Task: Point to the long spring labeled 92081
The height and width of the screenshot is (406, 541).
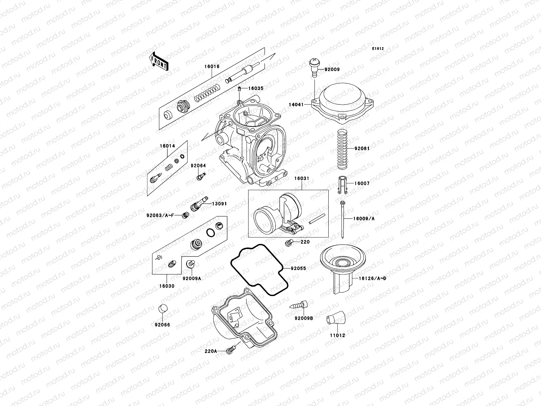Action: [342, 149]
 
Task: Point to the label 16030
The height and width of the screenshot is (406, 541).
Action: [167, 286]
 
